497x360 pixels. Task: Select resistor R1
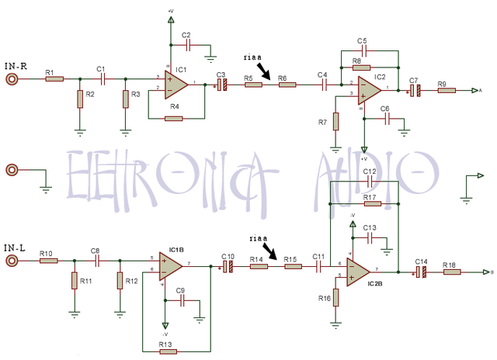pos(54,79)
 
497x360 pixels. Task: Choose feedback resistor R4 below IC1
pos(174,118)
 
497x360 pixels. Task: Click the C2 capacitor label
pos(186,36)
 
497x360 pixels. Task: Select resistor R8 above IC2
pos(361,67)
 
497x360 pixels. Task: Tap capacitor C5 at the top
pos(362,50)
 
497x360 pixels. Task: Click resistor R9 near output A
pos(447,91)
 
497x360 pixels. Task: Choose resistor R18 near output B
pos(451,272)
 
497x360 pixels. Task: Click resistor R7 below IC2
pos(336,121)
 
